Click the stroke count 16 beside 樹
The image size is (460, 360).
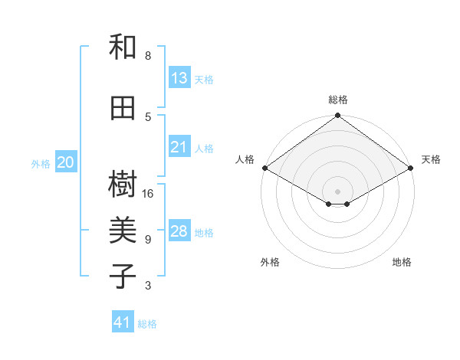tap(148, 193)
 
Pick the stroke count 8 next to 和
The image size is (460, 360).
tap(148, 56)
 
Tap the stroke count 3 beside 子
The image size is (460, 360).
tap(148, 286)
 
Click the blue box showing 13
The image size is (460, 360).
tap(179, 78)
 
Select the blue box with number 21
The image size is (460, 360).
tap(179, 147)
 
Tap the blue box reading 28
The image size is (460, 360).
tap(179, 231)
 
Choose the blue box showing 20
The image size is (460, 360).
tap(66, 162)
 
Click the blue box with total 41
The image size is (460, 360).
tap(123, 322)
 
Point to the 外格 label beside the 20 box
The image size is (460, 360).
tap(41, 163)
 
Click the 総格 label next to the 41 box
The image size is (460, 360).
tap(147, 324)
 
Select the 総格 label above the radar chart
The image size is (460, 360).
tap(338, 100)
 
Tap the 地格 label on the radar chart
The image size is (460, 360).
tap(402, 262)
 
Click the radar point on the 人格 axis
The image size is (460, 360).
tap(264, 168)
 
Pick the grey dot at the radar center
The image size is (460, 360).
tap(338, 190)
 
